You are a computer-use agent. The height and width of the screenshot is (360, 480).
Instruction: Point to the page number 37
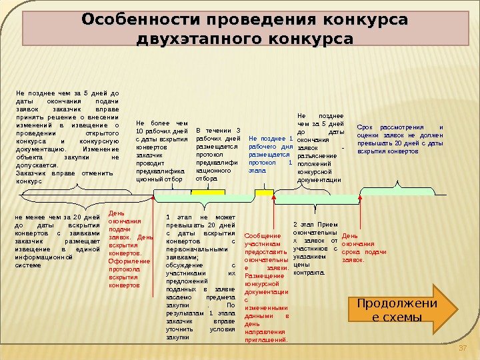(464, 349)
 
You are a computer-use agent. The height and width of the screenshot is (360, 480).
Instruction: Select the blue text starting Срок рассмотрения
(400, 139)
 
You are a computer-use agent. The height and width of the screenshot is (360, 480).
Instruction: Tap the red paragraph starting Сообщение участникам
(267, 287)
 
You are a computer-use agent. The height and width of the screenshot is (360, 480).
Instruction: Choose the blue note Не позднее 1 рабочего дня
(270, 153)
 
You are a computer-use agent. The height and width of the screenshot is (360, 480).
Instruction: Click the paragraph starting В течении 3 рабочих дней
(217, 154)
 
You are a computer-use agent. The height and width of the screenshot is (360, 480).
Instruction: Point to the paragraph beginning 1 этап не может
(201, 277)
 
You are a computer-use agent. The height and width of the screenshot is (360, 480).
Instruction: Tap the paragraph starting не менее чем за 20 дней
(57, 241)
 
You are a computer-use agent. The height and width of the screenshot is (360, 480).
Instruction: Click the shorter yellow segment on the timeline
(265, 192)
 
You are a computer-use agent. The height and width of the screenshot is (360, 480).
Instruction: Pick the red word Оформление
(125, 261)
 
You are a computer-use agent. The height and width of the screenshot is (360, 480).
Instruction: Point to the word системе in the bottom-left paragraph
(28, 265)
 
